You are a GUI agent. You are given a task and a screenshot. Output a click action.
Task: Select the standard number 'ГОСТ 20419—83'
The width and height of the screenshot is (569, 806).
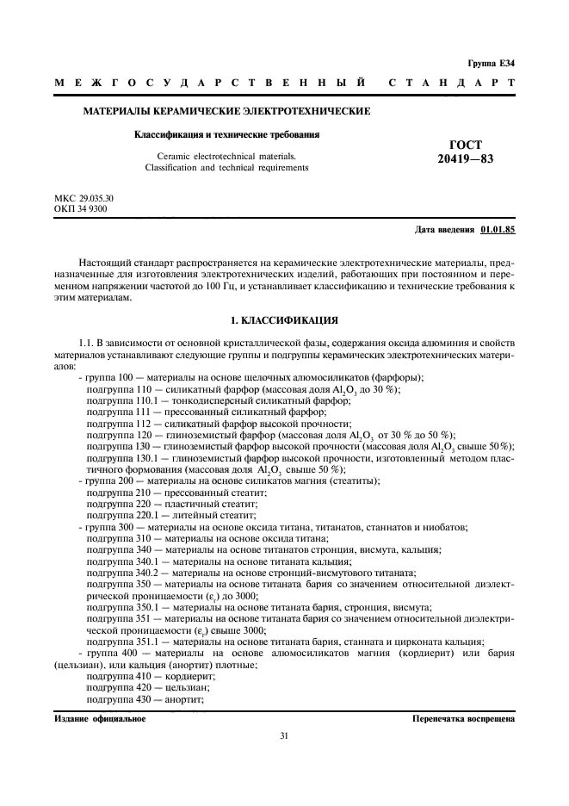pos(466,152)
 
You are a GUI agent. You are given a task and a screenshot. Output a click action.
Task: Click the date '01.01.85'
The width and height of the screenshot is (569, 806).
pos(498,230)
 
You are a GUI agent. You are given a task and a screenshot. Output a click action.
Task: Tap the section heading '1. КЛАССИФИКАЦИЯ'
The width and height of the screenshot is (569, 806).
pos(284,320)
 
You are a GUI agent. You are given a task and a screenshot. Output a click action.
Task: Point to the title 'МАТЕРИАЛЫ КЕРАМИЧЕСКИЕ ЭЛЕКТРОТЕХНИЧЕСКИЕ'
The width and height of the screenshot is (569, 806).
pos(226,111)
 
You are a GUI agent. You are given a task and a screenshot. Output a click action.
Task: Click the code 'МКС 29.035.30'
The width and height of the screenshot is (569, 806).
pos(84,198)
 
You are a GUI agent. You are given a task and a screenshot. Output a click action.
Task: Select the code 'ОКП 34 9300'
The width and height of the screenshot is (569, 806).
pos(81,208)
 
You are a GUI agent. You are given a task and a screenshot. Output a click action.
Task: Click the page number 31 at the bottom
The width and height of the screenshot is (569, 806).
pos(284,735)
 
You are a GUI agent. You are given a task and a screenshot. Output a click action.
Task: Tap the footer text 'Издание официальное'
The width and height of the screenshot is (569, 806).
pos(100,717)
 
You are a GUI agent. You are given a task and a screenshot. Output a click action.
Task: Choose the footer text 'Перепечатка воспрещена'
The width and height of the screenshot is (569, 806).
pos(463,717)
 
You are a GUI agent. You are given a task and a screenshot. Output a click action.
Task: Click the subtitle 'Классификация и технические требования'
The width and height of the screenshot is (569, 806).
pos(226,134)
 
